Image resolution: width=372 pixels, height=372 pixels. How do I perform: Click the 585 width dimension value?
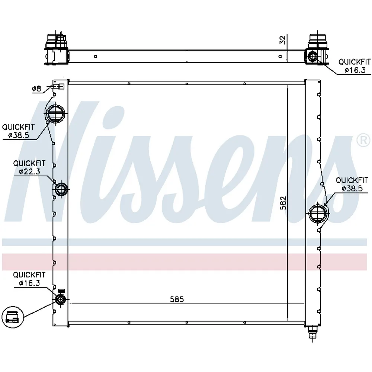[x=177, y=299]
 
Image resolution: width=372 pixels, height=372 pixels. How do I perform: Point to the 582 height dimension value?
[x=283, y=203]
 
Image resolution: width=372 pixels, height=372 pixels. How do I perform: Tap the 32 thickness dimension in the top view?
[x=283, y=40]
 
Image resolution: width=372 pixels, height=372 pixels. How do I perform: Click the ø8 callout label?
[x=36, y=89]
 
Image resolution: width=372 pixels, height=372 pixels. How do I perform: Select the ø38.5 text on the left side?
[x=19, y=135]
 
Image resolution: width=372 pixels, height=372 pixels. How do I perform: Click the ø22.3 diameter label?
[x=30, y=171]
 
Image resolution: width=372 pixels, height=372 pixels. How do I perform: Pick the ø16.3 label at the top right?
[x=355, y=70]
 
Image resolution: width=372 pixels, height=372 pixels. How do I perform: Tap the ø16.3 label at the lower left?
[x=29, y=283]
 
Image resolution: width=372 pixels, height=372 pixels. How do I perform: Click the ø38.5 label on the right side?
[x=352, y=188]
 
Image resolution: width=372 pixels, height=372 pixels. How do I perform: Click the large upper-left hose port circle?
[x=55, y=113]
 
